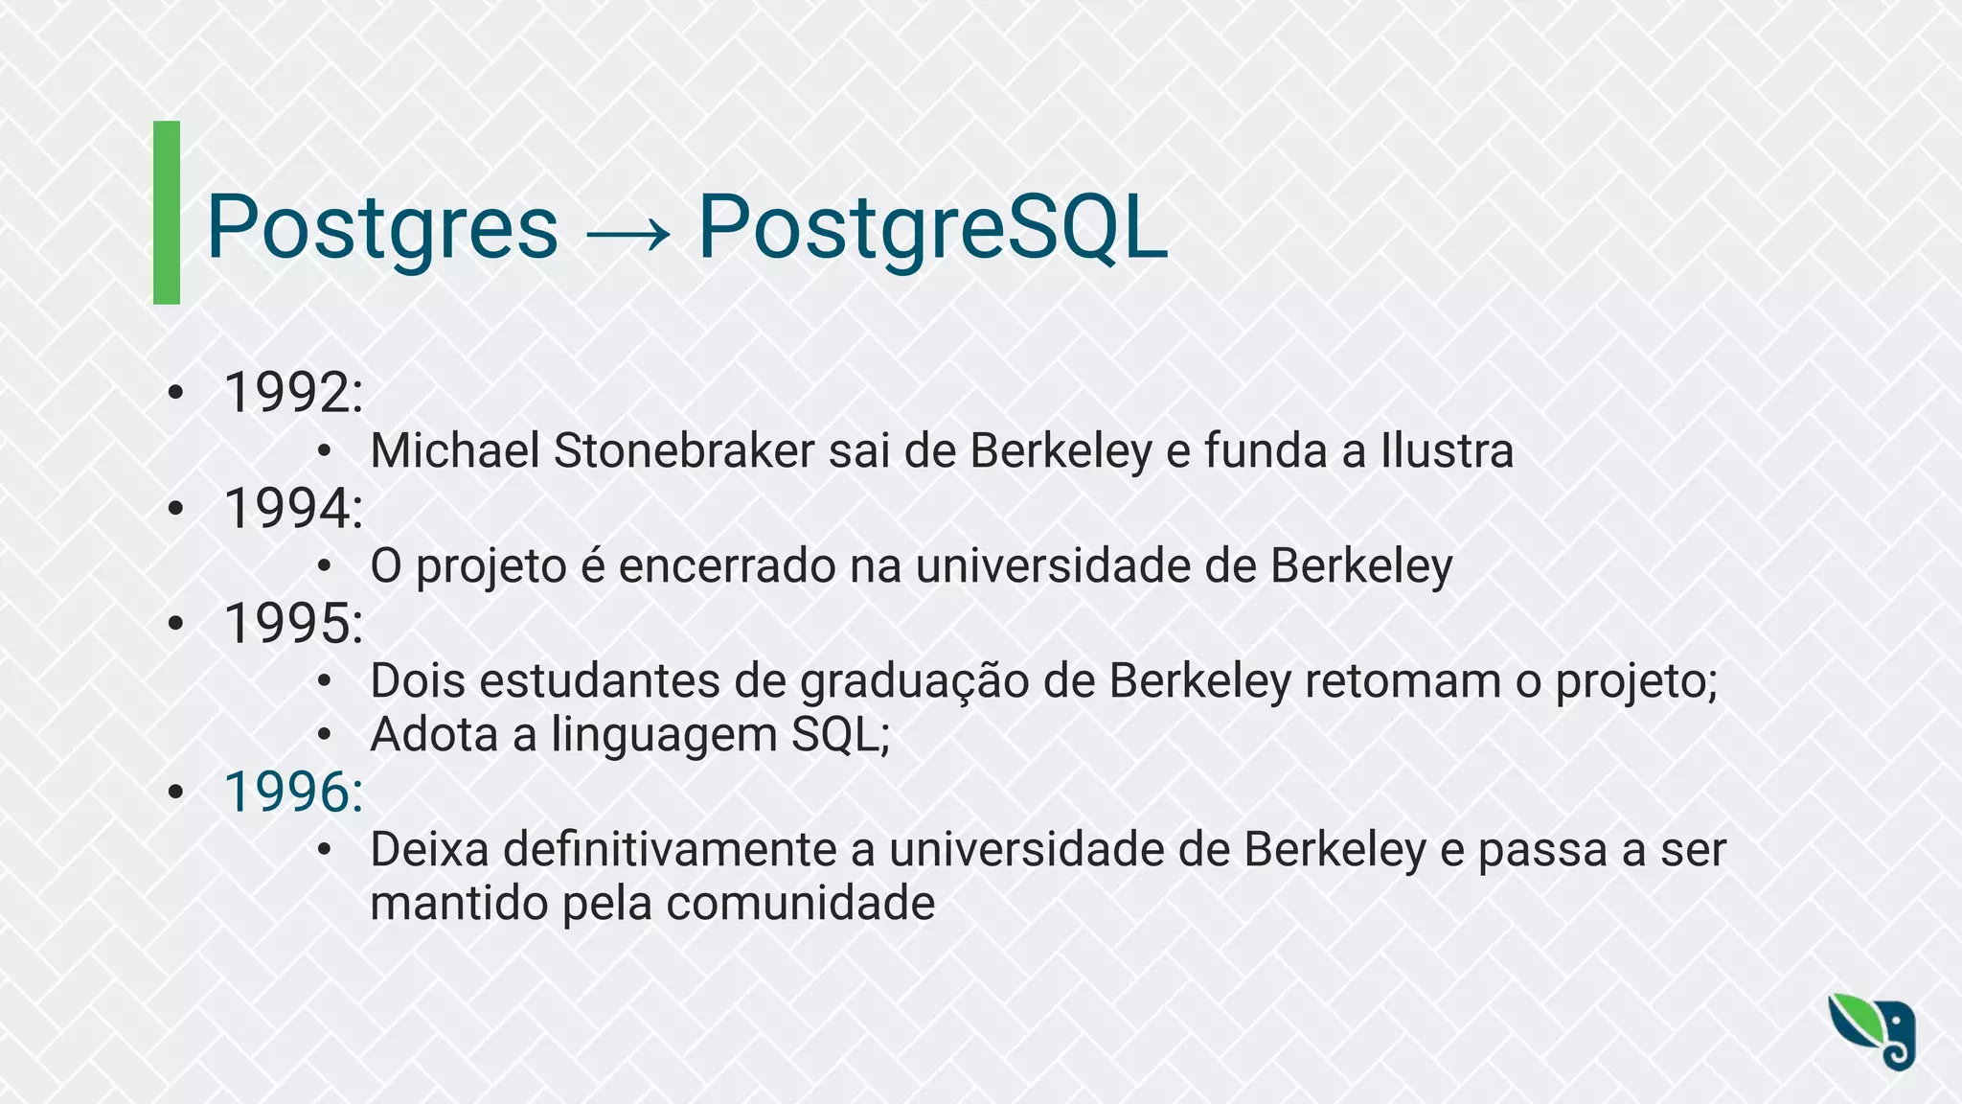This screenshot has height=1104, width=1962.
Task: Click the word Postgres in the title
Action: [381, 228]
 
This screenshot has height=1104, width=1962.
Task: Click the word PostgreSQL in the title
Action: [932, 228]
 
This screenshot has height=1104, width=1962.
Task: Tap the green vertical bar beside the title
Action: [167, 213]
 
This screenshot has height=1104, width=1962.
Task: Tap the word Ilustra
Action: [1447, 450]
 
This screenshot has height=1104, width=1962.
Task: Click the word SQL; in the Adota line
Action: [840, 735]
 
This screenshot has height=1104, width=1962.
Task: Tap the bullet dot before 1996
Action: [174, 793]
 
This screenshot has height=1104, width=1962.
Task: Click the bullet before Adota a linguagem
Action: [325, 735]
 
